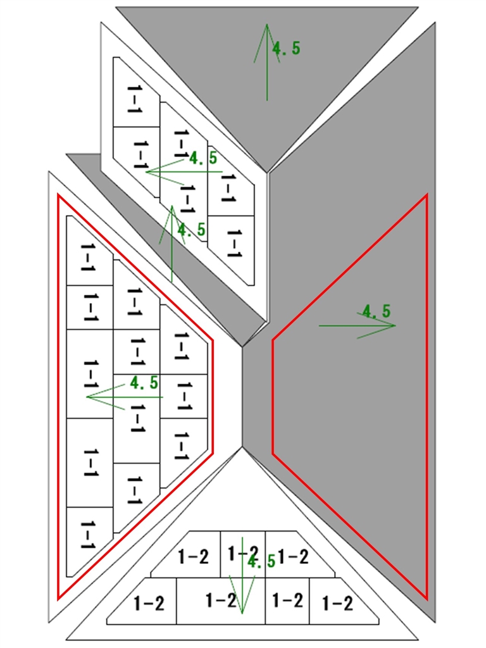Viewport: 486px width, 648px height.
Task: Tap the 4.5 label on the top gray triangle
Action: coord(286,48)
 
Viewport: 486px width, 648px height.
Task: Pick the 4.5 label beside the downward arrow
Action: coord(261,561)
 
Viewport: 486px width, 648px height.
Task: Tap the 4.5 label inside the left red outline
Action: coord(144,382)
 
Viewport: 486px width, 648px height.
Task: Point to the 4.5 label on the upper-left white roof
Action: coord(203,158)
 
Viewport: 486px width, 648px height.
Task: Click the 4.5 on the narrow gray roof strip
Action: coord(191,230)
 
